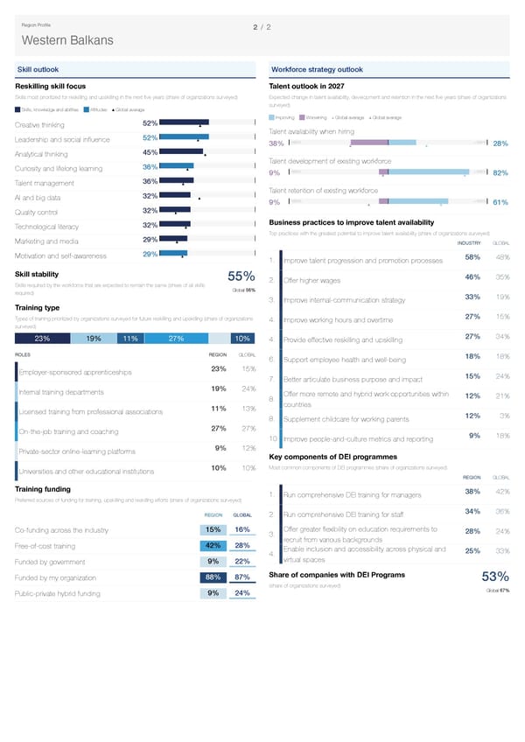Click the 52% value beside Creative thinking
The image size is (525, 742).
pyautogui.click(x=150, y=123)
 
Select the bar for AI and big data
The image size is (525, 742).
pyautogui.click(x=176, y=195)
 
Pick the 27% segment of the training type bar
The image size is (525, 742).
pyautogui.click(x=175, y=339)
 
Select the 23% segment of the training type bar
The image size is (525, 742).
pyautogui.click(x=42, y=339)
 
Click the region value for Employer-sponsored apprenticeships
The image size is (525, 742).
pyautogui.click(x=219, y=367)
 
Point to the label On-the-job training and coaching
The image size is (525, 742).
pyautogui.click(x=68, y=431)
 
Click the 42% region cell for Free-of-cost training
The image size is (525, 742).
pyautogui.click(x=212, y=545)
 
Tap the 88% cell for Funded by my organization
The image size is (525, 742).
pyautogui.click(x=212, y=577)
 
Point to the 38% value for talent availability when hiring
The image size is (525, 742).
pyautogui.click(x=275, y=143)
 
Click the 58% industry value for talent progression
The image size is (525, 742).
pyautogui.click(x=472, y=256)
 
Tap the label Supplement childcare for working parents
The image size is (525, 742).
pyautogui.click(x=347, y=418)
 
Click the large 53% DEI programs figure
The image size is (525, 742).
pyautogui.click(x=496, y=576)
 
